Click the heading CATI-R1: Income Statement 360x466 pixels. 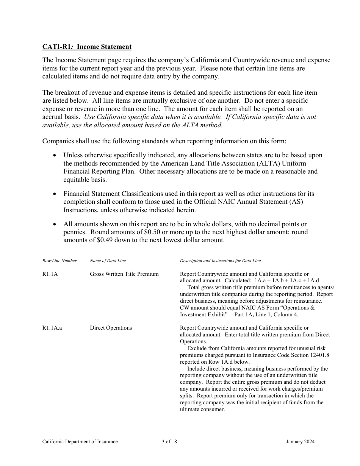click(x=87, y=47)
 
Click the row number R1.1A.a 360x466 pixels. click(x=52, y=328)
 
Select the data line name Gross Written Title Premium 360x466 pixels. click(x=124, y=274)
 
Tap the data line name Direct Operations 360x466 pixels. click(x=111, y=328)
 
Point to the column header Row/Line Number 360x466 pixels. click(x=59, y=261)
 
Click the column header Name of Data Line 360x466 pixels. click(x=108, y=261)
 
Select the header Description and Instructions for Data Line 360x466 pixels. click(x=220, y=261)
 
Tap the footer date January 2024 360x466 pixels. click(x=301, y=441)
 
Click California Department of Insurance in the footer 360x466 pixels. click(x=80, y=441)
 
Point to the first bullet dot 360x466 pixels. click(x=55, y=155)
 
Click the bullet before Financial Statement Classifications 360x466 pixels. click(x=55, y=194)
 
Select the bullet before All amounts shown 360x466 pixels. click(x=55, y=224)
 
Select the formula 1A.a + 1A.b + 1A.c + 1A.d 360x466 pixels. click(x=287, y=281)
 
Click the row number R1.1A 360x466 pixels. click(x=50, y=274)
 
